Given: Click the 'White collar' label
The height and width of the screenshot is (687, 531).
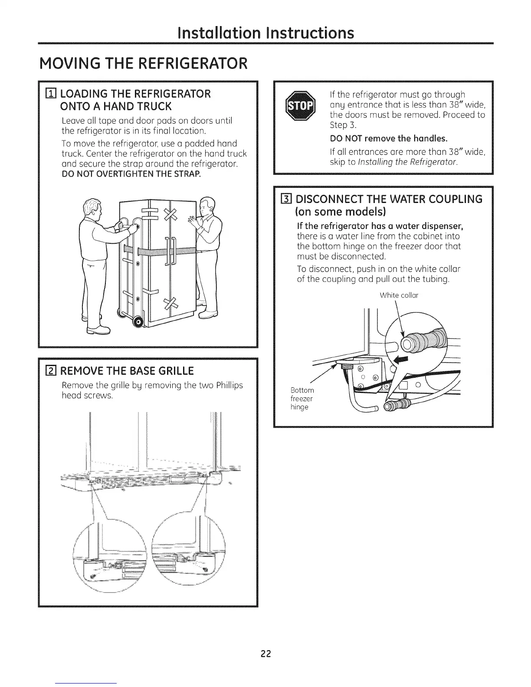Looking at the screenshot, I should coord(399,296).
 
